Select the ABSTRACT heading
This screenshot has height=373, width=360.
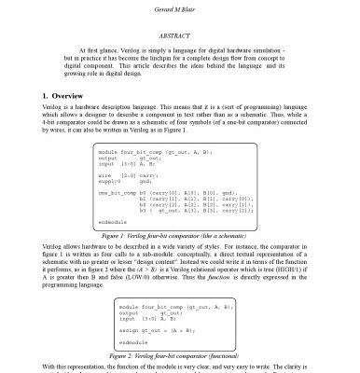coord(180,32)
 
